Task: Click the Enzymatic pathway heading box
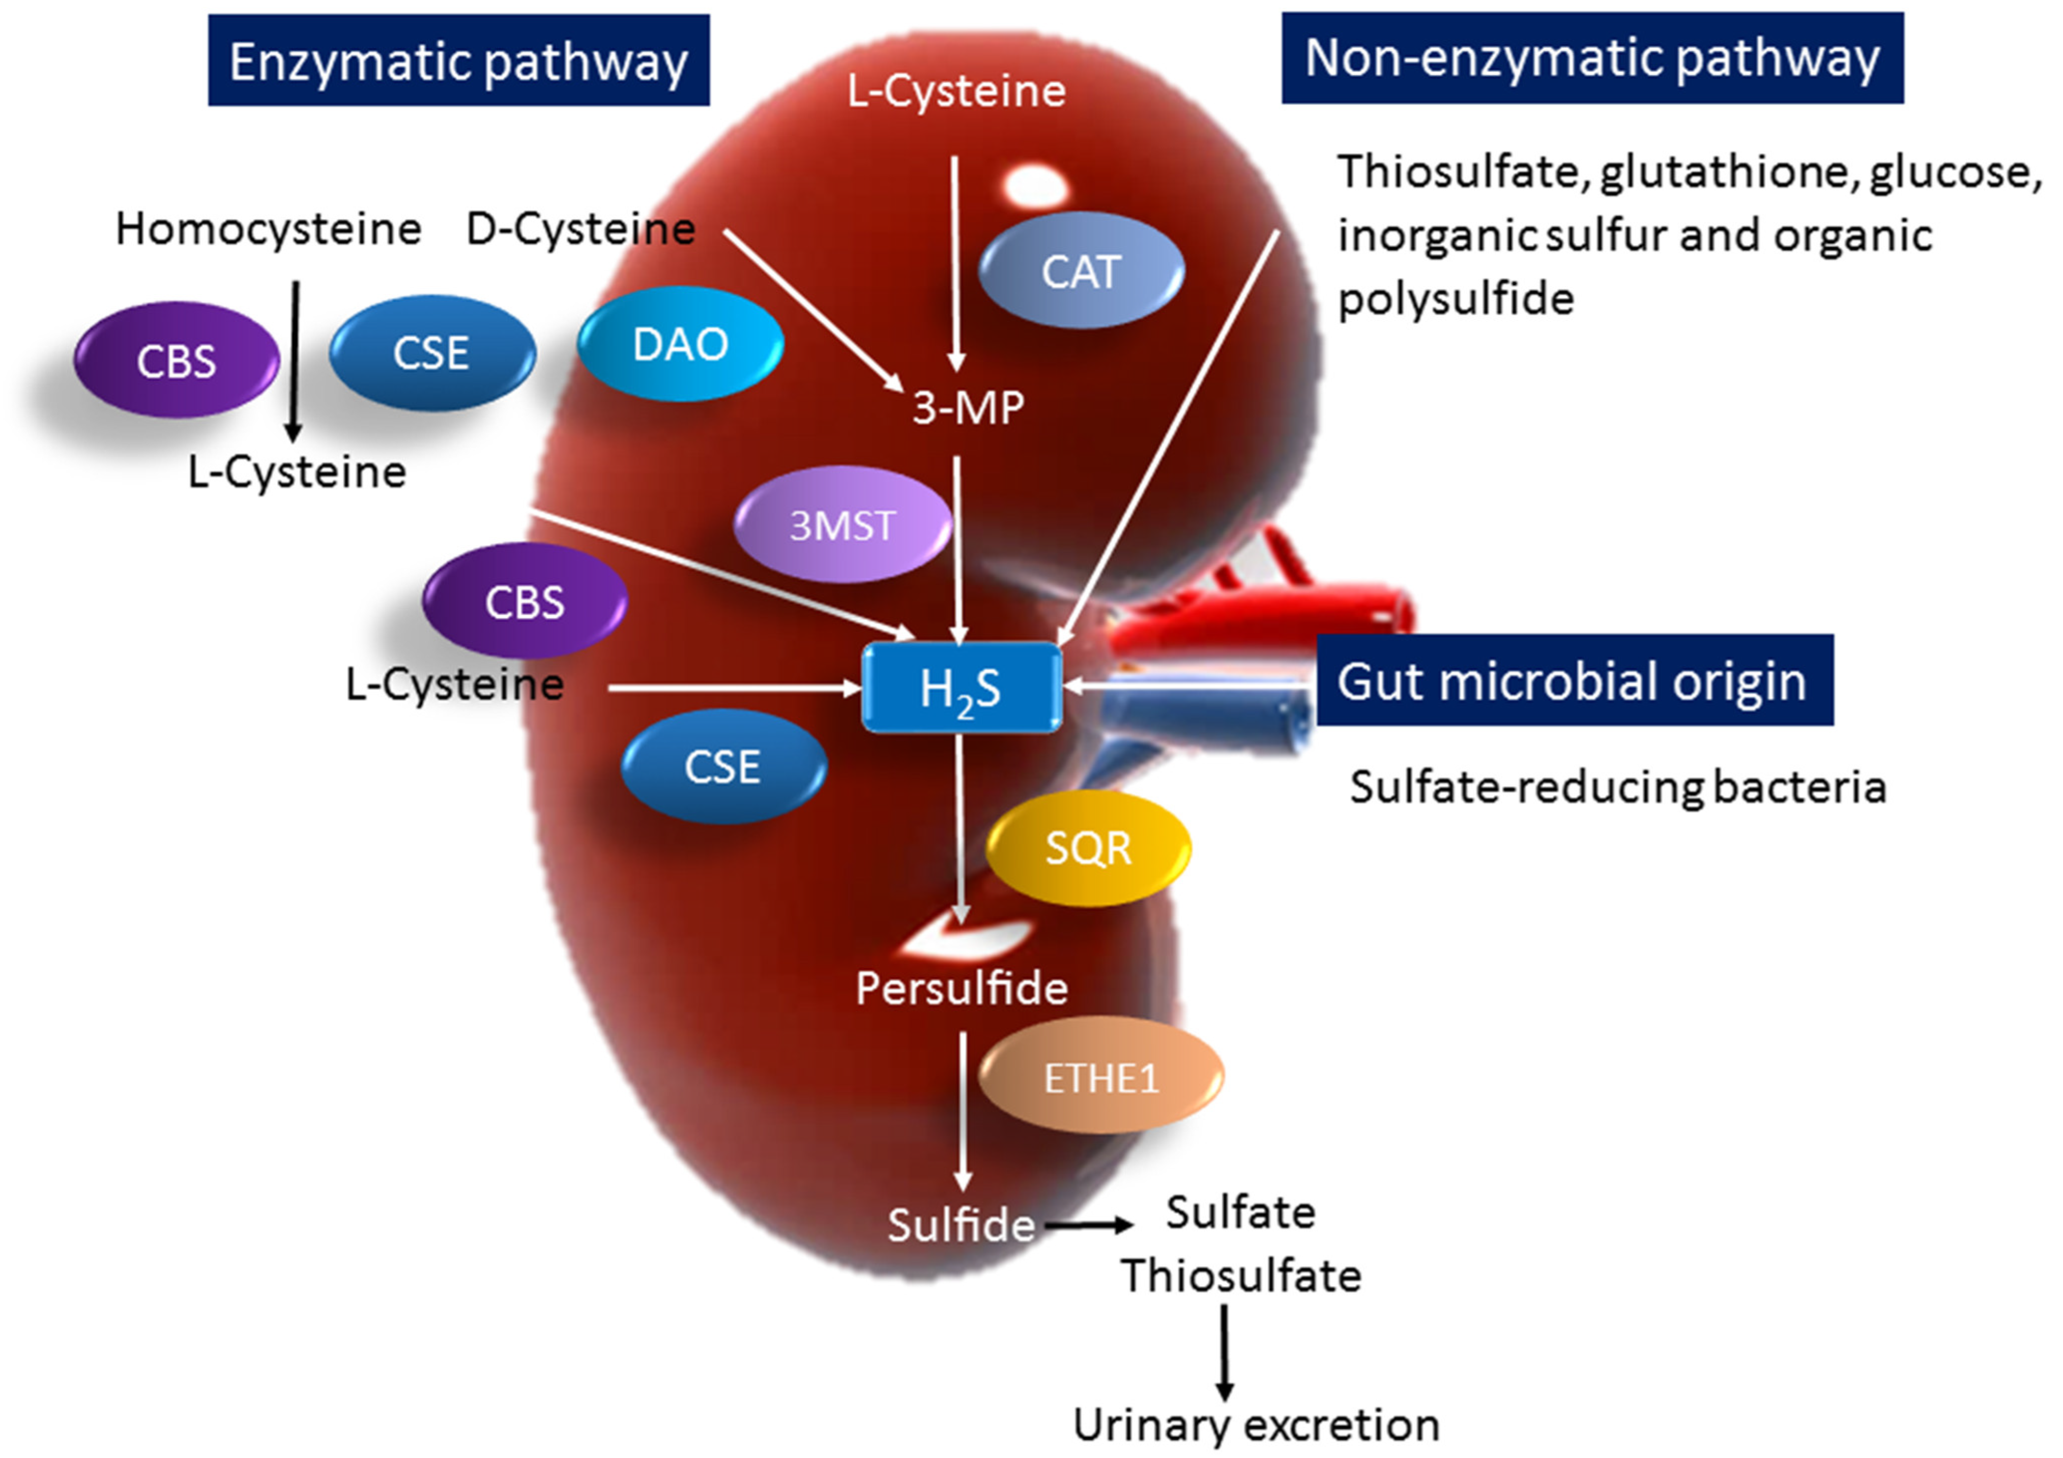[x=458, y=60]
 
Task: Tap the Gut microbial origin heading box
[x=1574, y=681]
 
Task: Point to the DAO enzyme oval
[x=680, y=344]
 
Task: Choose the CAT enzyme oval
[x=1081, y=271]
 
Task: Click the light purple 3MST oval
[x=842, y=525]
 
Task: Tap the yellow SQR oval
[x=1088, y=847]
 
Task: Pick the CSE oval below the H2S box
[x=723, y=766]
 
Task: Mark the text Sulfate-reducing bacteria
[x=1617, y=787]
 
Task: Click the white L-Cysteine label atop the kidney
[x=956, y=91]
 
